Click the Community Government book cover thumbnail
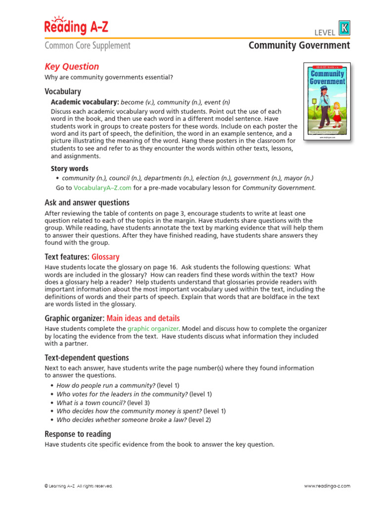point(327,102)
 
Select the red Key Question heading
point(72,66)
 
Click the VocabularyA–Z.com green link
point(102,188)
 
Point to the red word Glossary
point(105,257)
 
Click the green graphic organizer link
point(152,329)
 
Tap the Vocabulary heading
point(63,91)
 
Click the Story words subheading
point(70,168)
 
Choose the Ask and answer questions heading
point(87,203)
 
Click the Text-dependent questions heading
point(87,357)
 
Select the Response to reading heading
point(78,434)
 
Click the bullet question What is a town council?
point(92,403)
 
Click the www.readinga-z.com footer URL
point(327,486)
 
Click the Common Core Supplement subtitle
point(88,46)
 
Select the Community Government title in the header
point(299,46)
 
